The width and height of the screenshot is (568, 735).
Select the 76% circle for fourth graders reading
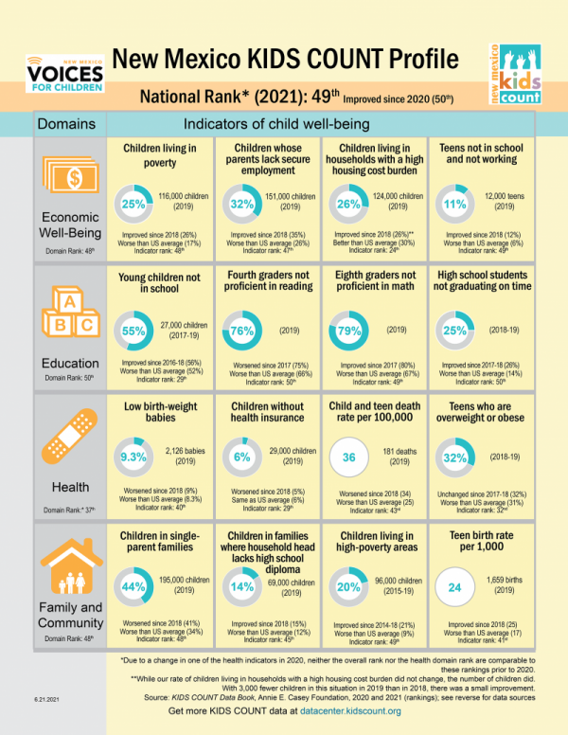click(240, 331)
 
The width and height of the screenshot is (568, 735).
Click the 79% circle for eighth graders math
click(346, 331)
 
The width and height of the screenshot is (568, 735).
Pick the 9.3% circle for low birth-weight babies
click(132, 457)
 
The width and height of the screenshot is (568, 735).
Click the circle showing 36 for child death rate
click(346, 457)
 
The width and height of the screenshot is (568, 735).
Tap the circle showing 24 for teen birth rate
click(454, 587)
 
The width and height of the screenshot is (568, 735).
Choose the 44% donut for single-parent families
click(132, 587)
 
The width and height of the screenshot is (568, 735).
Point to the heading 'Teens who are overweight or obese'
click(481, 414)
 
